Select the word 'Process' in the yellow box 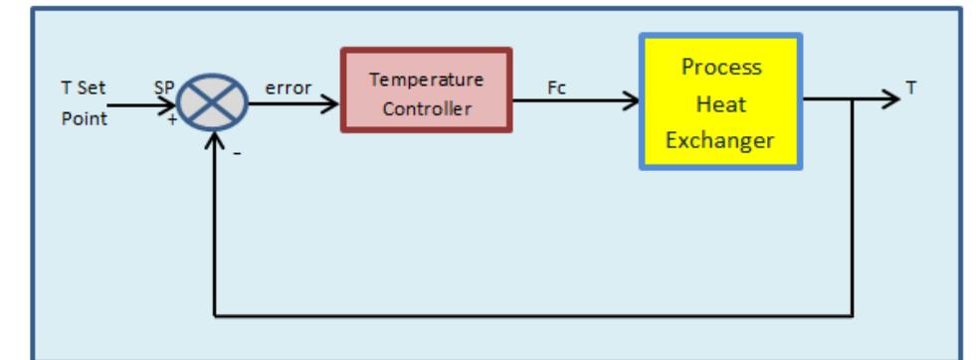(x=721, y=68)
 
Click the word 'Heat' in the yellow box (x=720, y=103)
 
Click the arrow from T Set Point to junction (x=139, y=103)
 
